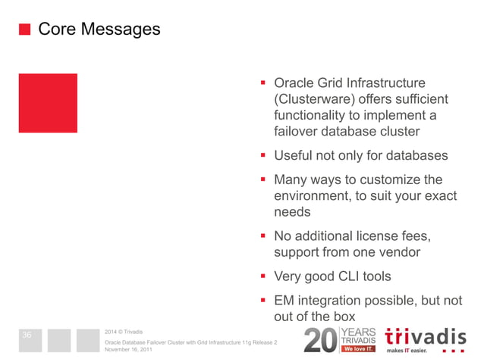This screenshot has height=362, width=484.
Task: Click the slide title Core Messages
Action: [99, 30]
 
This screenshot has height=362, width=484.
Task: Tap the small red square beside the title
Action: [24, 30]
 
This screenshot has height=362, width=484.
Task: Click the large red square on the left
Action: [48, 102]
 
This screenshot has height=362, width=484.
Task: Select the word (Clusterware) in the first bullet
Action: [313, 99]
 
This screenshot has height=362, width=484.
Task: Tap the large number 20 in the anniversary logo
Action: [319, 342]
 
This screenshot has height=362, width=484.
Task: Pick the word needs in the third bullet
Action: [292, 212]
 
